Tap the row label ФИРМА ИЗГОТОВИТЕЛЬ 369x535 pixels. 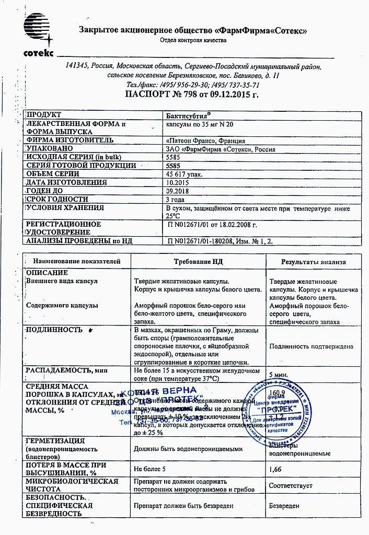(x=69, y=141)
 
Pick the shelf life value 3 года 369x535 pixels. (x=175, y=199)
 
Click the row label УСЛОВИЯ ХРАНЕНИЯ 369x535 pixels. (x=65, y=207)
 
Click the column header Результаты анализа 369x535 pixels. (x=313, y=261)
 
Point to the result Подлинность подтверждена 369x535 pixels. (x=311, y=346)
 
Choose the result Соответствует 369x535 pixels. (x=291, y=486)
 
